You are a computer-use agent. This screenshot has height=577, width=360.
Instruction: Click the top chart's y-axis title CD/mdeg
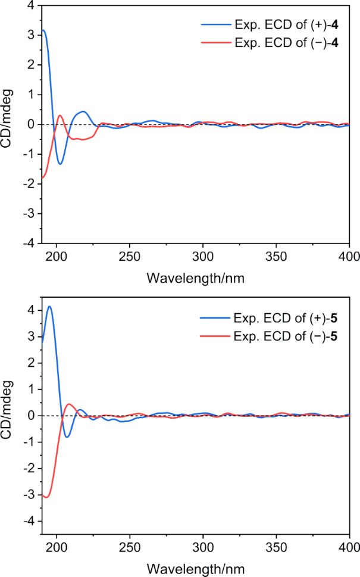click(8, 124)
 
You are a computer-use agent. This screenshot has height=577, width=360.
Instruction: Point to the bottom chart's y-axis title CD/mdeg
click(8, 415)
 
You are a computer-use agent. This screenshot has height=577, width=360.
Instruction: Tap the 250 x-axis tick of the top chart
click(130, 257)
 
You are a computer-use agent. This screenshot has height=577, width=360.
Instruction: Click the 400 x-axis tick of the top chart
click(349, 257)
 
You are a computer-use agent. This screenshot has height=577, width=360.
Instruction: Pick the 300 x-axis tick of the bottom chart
click(203, 547)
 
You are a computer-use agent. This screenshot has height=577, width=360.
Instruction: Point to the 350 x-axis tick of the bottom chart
click(276, 547)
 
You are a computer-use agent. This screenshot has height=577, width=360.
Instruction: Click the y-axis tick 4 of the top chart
click(30, 5)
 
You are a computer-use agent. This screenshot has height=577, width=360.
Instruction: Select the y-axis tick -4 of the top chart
click(28, 243)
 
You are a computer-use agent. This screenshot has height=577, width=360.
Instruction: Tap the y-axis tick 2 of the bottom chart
click(30, 363)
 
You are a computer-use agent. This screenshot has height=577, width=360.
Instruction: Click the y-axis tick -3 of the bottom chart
click(28, 494)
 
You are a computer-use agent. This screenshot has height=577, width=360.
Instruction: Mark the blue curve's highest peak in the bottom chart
click(49, 307)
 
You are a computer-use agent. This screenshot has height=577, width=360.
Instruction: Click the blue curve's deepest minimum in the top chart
click(60, 164)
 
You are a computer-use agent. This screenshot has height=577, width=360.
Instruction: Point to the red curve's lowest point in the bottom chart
click(46, 497)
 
